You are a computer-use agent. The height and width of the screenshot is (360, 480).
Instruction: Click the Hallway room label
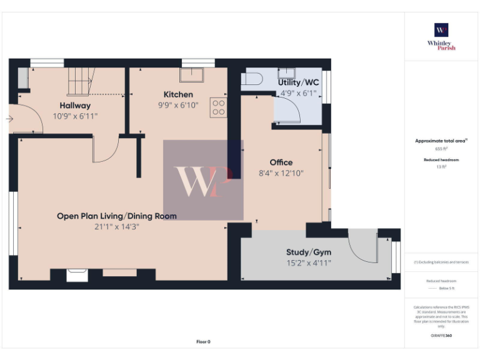coord(75,106)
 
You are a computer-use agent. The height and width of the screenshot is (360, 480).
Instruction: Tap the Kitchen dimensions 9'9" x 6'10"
coord(178,106)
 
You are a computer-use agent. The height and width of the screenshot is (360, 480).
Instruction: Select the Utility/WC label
coord(299,82)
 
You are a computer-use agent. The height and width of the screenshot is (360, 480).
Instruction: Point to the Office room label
coord(281,162)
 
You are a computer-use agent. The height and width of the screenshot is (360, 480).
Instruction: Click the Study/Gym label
coord(309,252)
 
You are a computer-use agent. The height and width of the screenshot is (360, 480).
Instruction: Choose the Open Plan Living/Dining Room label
coord(116,216)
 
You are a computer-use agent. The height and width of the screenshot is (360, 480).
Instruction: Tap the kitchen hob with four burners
coord(219,107)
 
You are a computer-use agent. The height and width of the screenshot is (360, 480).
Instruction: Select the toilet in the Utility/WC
coord(252,79)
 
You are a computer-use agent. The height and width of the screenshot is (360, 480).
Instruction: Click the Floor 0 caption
coord(203,342)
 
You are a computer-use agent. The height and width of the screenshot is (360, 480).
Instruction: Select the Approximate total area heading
coord(441,141)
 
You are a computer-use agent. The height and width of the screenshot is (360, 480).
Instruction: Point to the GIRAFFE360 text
coord(441,336)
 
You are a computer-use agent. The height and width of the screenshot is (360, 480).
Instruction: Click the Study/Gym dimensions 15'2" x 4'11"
coord(309,263)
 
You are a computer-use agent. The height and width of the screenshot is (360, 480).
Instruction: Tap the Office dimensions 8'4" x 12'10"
coord(281,173)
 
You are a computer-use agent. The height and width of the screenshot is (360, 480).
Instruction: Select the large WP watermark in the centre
coord(203,180)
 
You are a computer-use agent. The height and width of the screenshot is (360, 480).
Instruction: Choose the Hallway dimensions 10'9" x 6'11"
coord(75,116)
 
